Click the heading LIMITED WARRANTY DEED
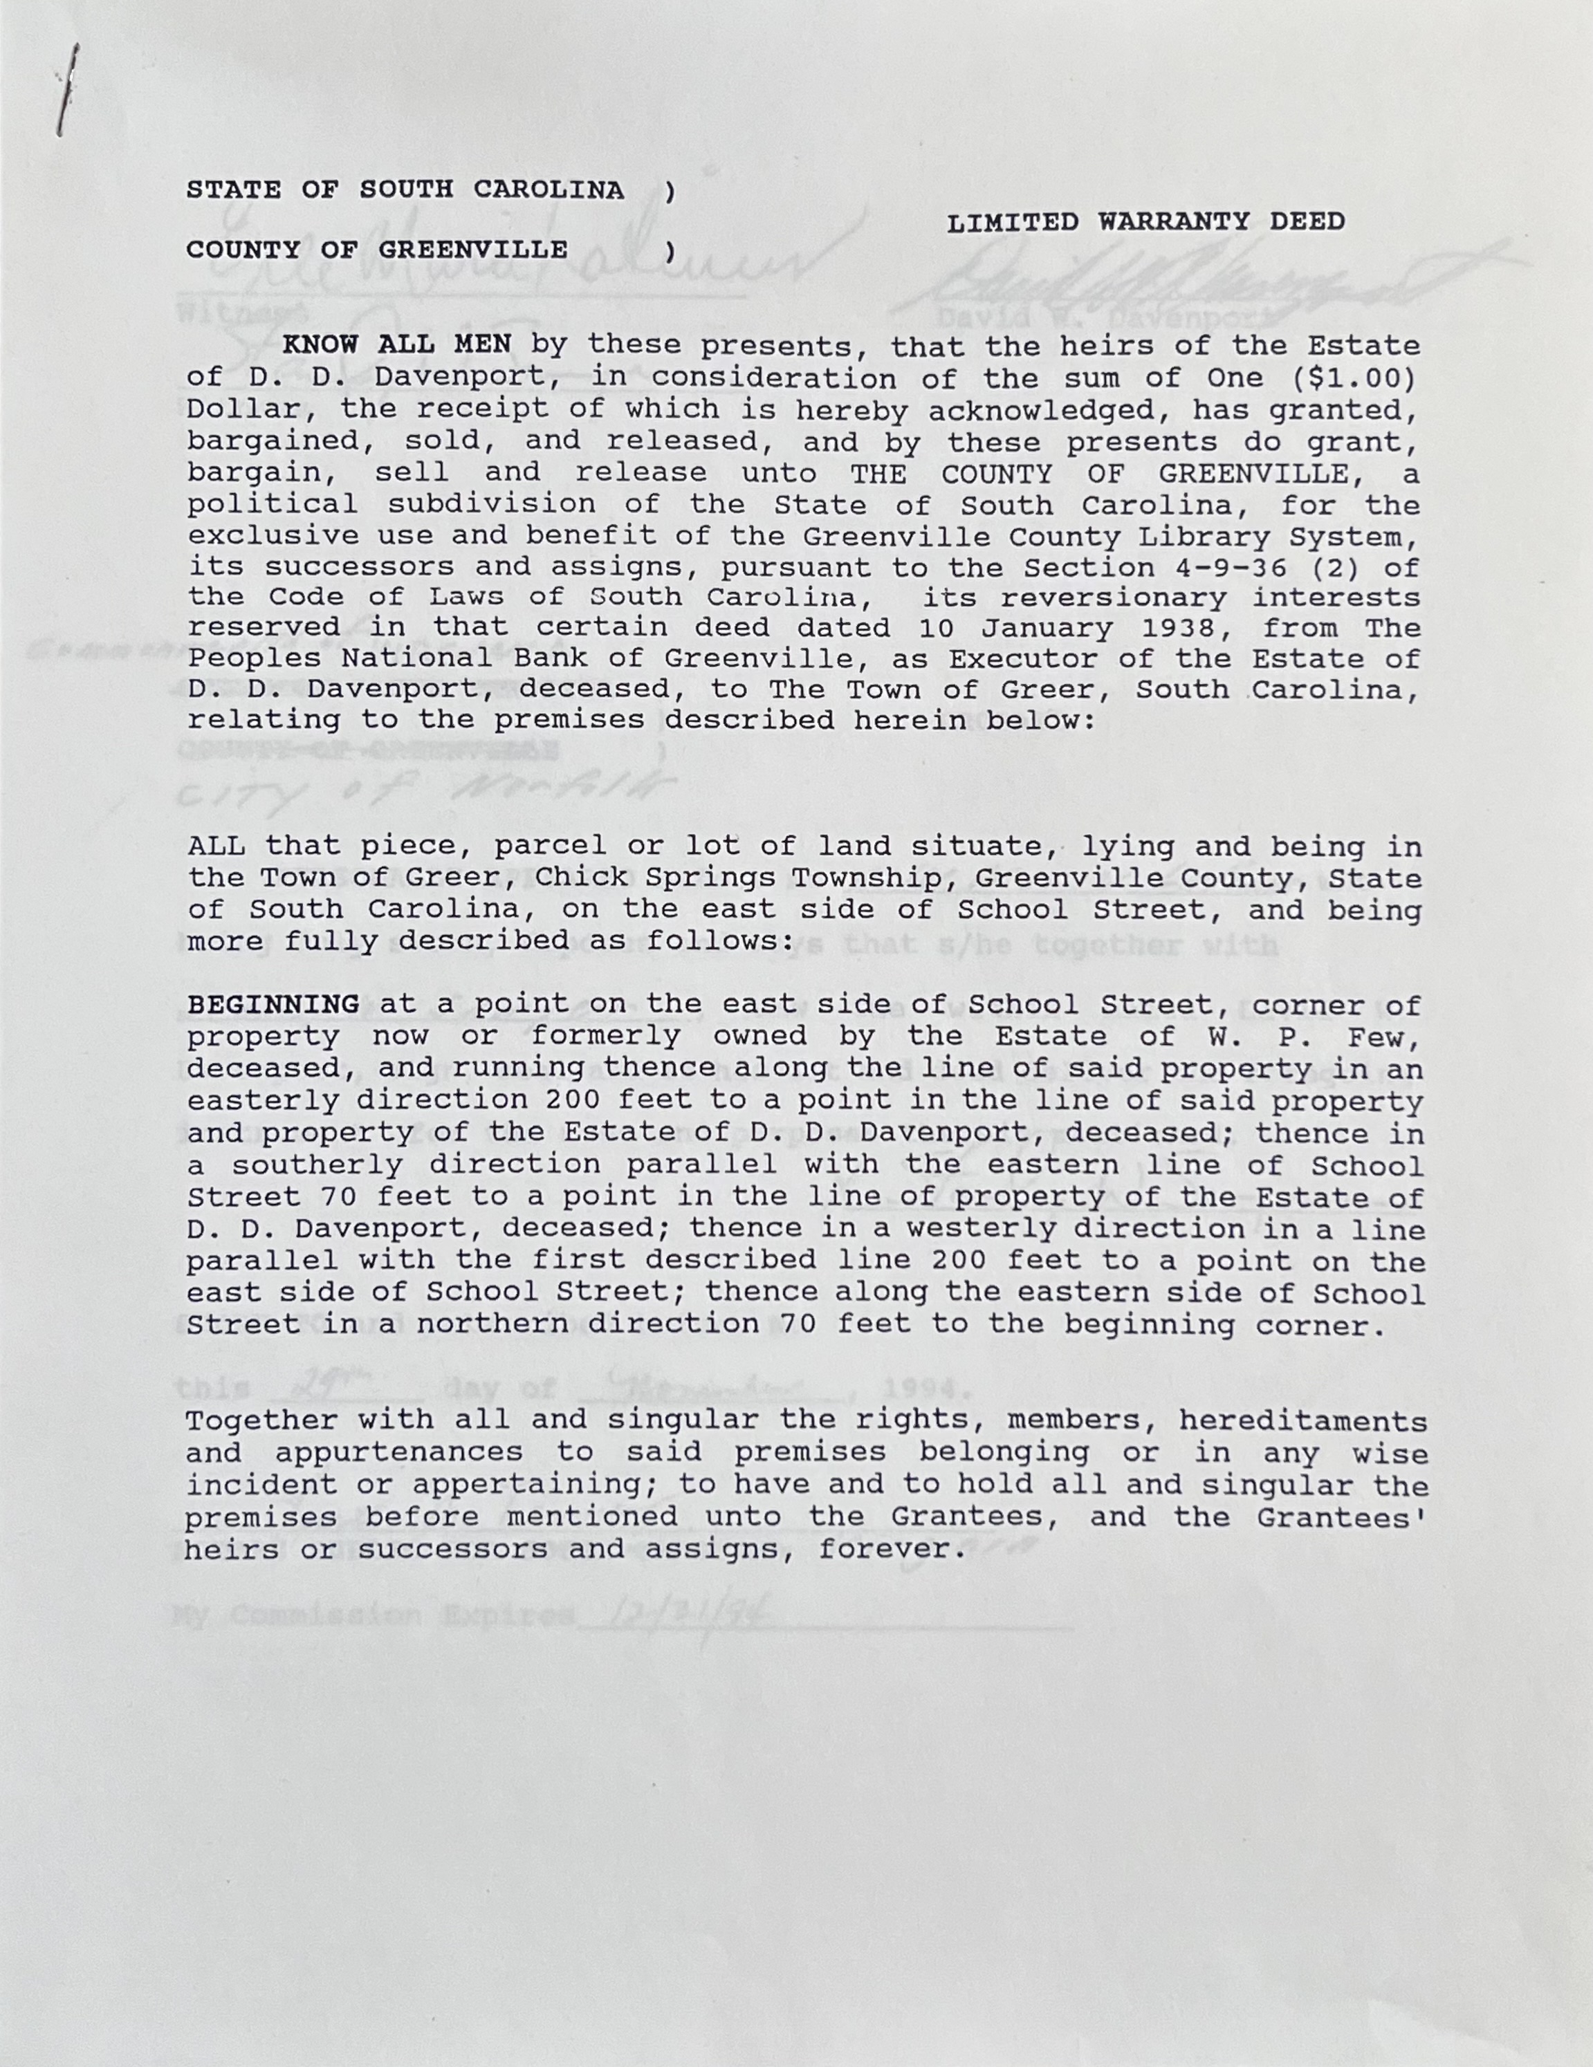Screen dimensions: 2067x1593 1145,223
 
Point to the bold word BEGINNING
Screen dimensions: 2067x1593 273,1004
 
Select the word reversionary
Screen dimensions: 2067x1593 1112,598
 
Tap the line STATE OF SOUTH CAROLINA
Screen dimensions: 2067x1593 405,190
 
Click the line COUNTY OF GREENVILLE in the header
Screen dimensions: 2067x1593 377,250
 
